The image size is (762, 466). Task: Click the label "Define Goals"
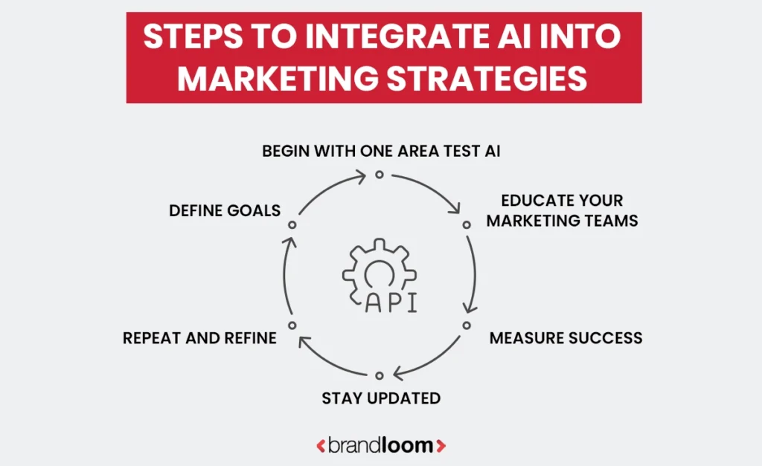225,210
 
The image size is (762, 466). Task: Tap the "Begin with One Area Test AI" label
381,152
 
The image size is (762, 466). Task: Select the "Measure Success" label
566,338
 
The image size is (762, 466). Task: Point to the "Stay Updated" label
381,398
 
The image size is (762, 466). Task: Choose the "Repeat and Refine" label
199,338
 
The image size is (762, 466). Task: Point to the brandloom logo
381,446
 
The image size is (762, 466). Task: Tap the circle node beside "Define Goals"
292,224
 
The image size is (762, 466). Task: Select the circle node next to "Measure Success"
467,326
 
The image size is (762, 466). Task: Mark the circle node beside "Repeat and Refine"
292,326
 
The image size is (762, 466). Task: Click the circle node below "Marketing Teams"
467,224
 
